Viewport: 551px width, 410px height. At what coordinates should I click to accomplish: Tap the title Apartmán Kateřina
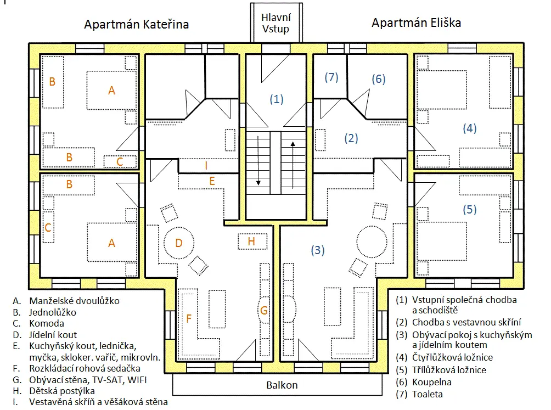click(x=136, y=25)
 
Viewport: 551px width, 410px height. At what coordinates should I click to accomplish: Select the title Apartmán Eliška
click(x=416, y=23)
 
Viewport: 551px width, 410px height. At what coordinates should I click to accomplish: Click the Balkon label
click(x=282, y=385)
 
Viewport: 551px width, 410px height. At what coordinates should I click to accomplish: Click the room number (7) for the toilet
click(x=331, y=77)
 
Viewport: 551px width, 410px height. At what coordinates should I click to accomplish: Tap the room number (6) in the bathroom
click(x=378, y=79)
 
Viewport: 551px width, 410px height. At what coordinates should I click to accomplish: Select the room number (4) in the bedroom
click(x=469, y=128)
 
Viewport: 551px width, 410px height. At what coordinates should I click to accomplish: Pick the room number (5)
click(x=469, y=209)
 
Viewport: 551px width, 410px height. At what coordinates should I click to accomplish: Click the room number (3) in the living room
click(x=318, y=250)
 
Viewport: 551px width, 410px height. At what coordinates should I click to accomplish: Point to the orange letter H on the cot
click(x=251, y=241)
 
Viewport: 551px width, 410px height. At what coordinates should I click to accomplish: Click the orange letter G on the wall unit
click(x=264, y=311)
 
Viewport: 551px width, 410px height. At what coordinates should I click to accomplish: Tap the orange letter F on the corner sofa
click(x=189, y=318)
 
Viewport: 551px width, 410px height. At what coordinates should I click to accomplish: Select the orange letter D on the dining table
click(x=178, y=243)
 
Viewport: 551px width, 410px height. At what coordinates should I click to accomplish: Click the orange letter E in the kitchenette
click(x=212, y=181)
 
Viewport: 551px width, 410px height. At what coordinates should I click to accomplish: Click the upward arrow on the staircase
click(x=293, y=165)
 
